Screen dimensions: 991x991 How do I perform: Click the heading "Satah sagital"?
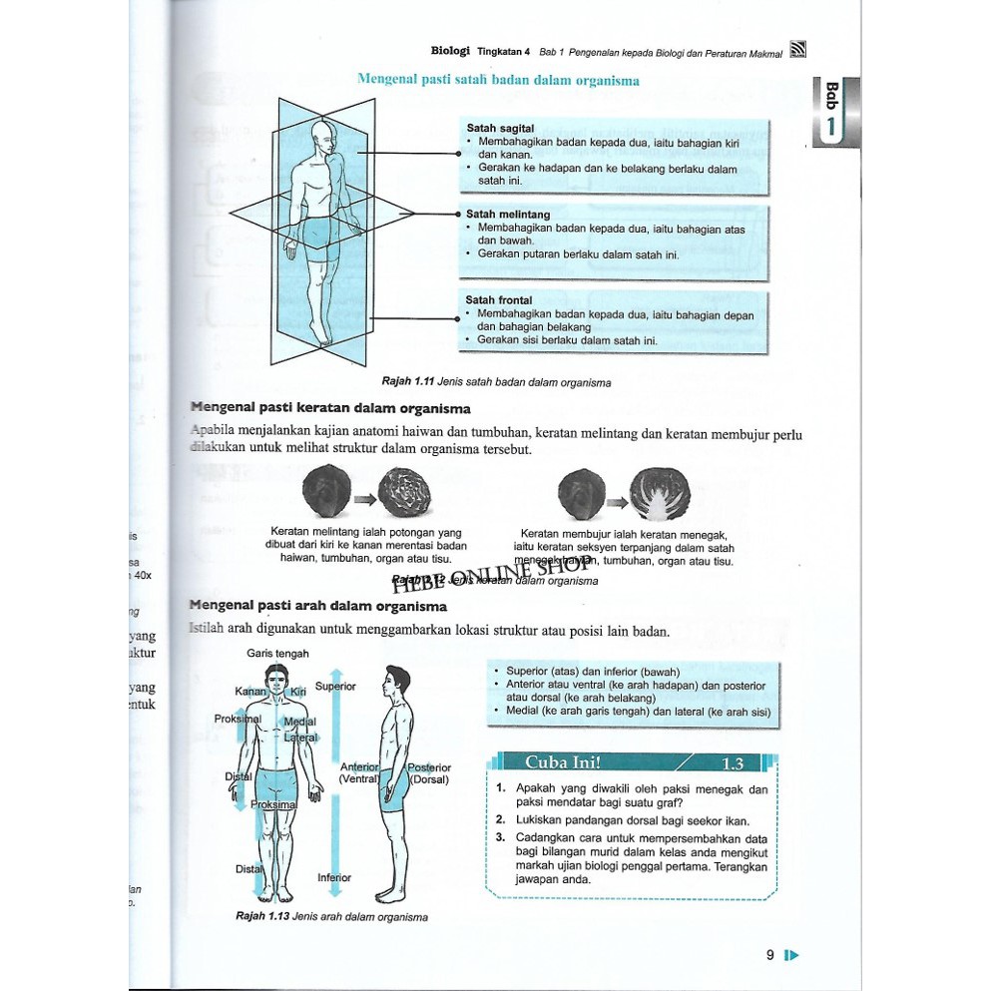(x=500, y=129)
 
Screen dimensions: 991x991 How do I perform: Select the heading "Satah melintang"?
(x=508, y=215)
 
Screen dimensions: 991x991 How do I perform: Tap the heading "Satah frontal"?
(x=499, y=300)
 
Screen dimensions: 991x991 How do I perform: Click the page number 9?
(x=770, y=955)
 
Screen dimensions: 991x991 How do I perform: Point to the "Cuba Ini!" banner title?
(x=563, y=763)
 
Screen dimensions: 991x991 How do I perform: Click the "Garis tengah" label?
(x=277, y=654)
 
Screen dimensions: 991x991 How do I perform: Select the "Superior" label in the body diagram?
(x=335, y=687)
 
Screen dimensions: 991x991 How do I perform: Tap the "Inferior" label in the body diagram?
(x=334, y=878)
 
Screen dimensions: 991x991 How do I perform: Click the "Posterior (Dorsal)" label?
(x=429, y=773)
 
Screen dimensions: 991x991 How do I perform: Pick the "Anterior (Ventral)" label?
(x=359, y=773)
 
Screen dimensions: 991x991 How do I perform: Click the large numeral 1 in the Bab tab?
(x=831, y=129)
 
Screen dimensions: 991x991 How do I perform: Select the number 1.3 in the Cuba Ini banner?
(x=733, y=764)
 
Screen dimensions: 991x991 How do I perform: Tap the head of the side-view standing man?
(x=397, y=681)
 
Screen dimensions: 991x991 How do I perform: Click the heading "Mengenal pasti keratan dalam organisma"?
(x=330, y=408)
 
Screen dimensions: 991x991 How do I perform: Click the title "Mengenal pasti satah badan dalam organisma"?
(x=498, y=80)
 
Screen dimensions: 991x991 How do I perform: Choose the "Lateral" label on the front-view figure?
(x=300, y=739)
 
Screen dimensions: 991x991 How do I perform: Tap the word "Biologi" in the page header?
(x=450, y=50)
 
